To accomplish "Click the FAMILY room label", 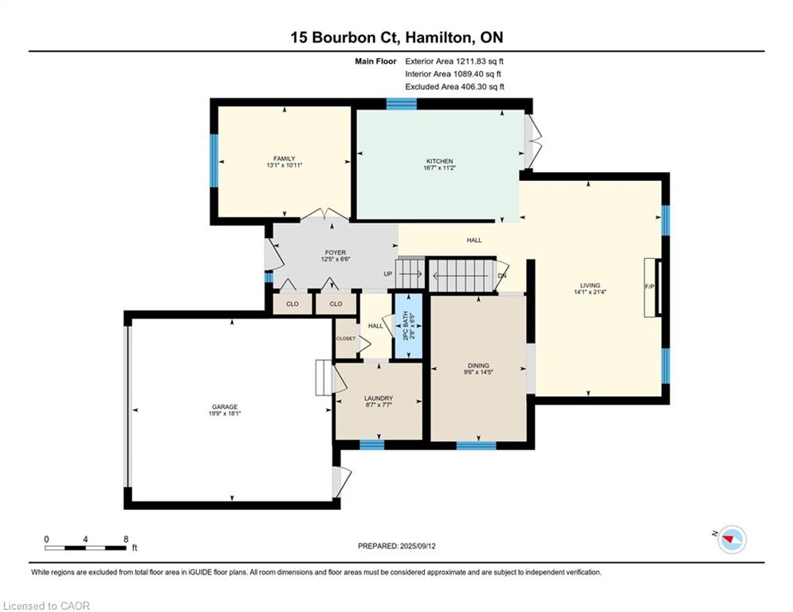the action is (285, 159).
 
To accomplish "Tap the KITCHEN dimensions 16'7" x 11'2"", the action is (439, 167).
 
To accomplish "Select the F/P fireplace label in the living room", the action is (650, 287).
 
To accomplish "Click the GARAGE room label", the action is (225, 406).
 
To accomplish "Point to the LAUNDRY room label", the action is (379, 398).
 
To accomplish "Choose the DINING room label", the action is (478, 365).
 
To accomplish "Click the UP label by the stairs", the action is (388, 274).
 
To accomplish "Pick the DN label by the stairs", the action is (501, 276).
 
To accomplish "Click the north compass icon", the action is (732, 539).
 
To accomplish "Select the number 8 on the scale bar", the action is (126, 539).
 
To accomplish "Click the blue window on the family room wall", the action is (214, 160).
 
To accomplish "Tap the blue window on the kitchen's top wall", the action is (402, 104).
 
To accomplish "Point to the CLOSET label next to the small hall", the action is (346, 339).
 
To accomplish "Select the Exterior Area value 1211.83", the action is (471, 61).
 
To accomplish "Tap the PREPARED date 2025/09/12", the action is (418, 546).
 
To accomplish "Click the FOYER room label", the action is (336, 253).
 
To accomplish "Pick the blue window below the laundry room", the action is (371, 445).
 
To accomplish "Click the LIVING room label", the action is (590, 285).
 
